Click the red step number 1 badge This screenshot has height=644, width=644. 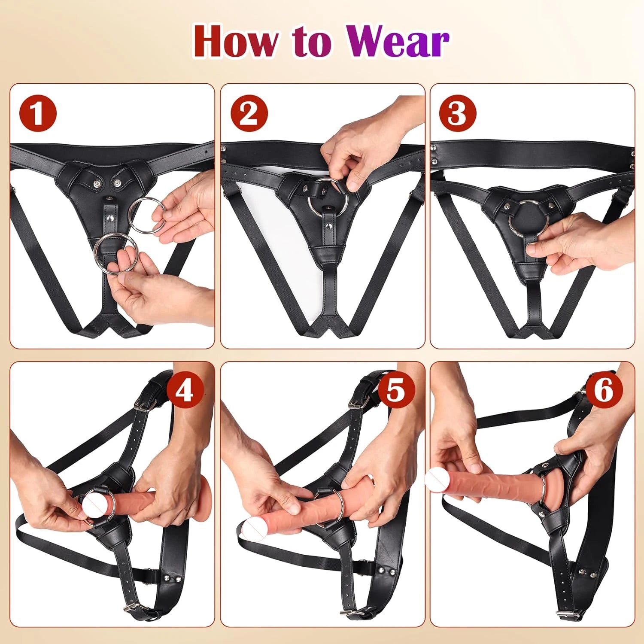[38, 113]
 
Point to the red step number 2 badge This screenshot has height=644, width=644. [249, 113]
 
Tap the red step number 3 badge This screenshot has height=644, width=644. [458, 113]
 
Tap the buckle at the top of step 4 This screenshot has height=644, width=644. [142, 404]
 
